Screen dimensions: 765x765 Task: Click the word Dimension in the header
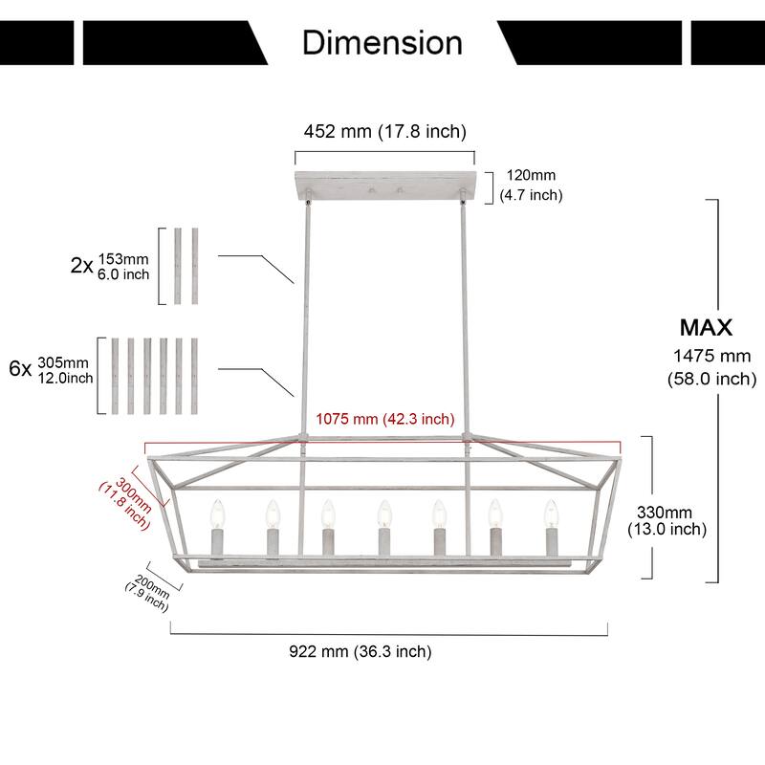coord(382,42)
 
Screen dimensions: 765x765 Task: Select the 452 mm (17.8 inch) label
coord(385,131)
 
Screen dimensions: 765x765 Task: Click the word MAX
coord(706,327)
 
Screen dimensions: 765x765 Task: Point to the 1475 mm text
coord(711,356)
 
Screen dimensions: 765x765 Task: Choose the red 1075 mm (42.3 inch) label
coord(385,419)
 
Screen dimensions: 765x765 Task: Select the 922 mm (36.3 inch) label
coord(361,651)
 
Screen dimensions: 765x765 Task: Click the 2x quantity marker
coord(81,266)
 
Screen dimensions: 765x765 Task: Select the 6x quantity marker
coord(20,368)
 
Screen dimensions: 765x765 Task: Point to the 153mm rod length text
coord(123,258)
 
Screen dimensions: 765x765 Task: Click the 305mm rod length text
coord(63,362)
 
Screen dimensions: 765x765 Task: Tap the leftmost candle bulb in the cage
coord(217,514)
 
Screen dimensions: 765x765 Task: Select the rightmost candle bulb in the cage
coord(552,514)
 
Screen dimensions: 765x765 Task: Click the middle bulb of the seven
coord(384,514)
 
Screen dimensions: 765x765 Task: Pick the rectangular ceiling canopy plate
coord(385,185)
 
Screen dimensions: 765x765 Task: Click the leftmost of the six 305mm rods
coord(115,376)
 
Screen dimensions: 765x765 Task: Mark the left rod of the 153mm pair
coord(178,266)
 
